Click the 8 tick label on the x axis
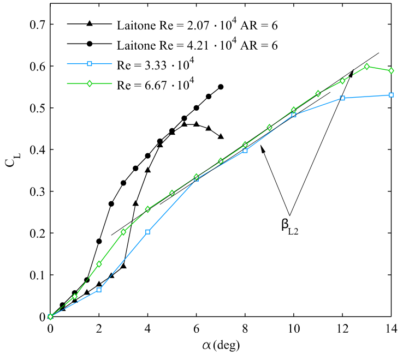pos(245,328)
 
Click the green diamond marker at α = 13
pos(367,67)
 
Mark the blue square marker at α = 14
pos(391,95)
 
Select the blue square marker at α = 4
pos(147,232)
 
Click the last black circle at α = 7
pos(221,87)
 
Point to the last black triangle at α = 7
pos(221,136)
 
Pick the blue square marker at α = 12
pos(342,98)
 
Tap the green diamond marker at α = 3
pos(123,232)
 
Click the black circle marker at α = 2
pos(99,241)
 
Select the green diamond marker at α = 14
pos(391,70)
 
